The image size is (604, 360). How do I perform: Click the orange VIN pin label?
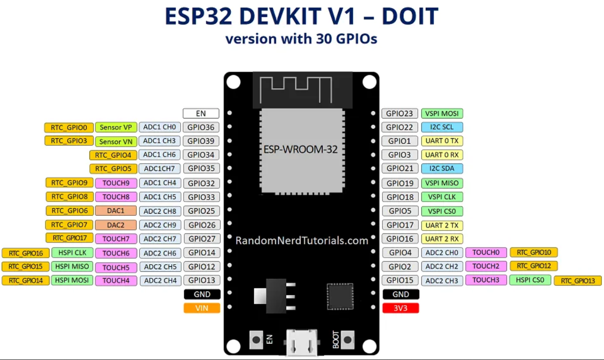202,308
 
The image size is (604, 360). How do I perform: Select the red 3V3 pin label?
401,308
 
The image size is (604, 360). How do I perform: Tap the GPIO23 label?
400,113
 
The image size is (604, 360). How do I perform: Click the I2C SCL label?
442,127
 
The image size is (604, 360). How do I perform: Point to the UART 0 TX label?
442,141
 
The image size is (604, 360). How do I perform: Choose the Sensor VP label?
116,128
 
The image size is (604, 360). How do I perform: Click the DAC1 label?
116,211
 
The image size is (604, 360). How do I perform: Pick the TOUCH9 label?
116,183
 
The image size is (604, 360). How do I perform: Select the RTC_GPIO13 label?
578,281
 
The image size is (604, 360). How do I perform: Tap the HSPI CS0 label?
530,280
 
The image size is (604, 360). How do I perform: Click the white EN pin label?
201,113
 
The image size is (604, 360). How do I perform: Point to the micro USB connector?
302,342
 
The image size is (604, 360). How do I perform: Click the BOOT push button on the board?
348,340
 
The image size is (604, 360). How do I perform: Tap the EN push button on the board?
256,340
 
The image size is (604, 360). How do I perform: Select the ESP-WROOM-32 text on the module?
300,149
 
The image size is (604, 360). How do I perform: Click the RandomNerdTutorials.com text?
302,241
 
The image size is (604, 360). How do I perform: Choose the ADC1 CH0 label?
159,127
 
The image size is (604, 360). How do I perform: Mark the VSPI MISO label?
442,183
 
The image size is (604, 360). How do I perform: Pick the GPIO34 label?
201,155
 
